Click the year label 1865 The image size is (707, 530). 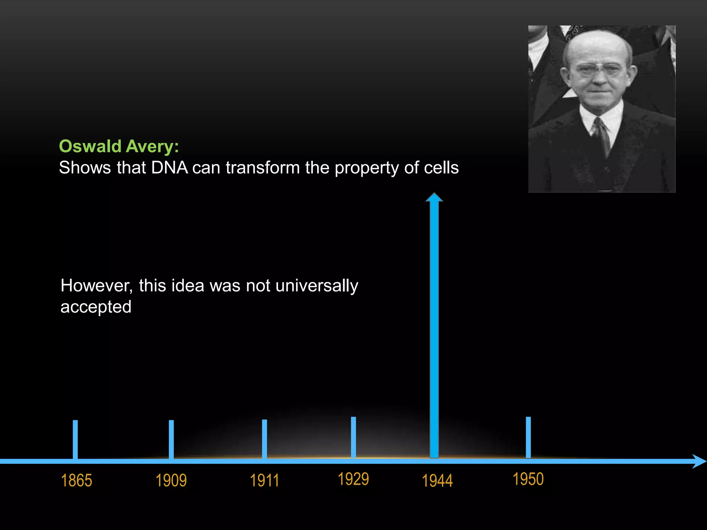76,480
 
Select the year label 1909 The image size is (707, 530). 171,480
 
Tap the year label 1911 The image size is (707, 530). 264,480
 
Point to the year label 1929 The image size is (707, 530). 353,479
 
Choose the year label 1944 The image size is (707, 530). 437,481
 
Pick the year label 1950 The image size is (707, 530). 528,479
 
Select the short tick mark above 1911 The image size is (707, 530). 264,439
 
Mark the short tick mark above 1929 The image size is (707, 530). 353,437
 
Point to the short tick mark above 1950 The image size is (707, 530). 528,437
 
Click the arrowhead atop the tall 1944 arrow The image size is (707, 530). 434,197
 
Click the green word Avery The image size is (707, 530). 152,146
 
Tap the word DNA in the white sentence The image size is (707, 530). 170,168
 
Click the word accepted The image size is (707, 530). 96,307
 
